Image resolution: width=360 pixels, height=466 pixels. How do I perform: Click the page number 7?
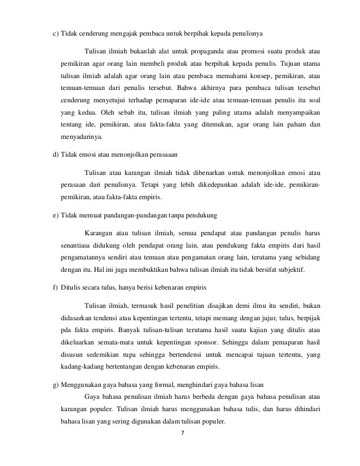183,433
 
